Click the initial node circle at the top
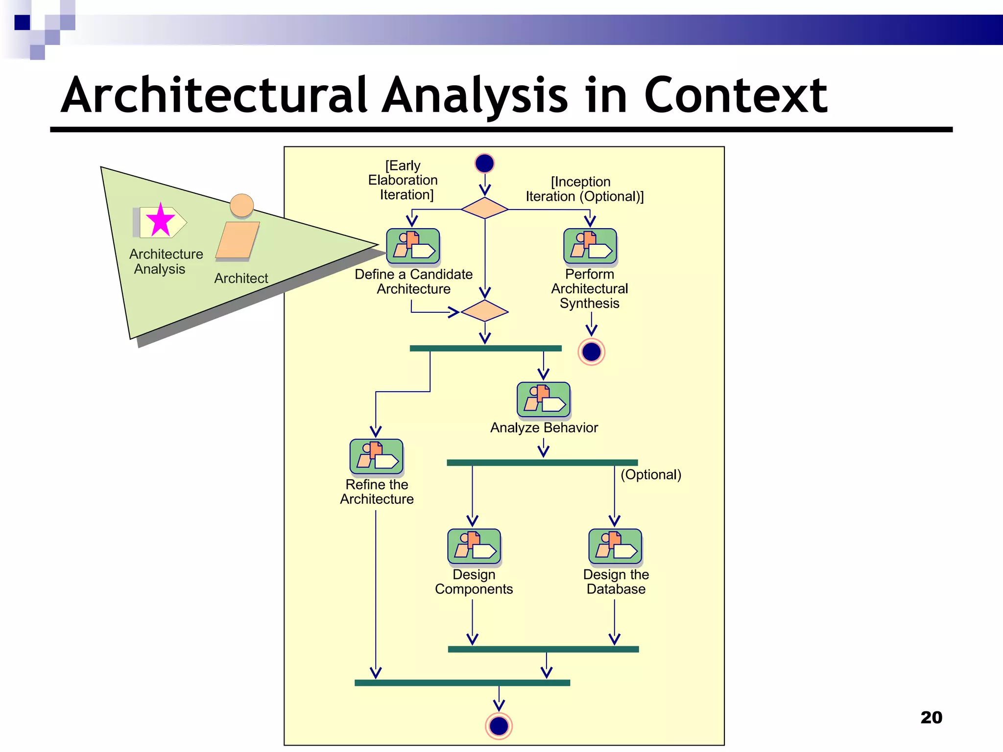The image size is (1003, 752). click(484, 163)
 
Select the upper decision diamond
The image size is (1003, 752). click(484, 209)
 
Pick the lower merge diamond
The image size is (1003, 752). click(484, 311)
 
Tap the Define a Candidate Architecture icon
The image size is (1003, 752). click(413, 246)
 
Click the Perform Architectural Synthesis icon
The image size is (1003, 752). click(590, 246)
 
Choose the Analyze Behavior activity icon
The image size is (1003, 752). click(543, 399)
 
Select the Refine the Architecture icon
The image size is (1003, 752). click(376, 456)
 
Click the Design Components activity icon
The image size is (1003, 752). click(474, 546)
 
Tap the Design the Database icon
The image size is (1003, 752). click(615, 546)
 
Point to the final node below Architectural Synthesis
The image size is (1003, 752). click(591, 352)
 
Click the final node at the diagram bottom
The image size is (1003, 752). click(499, 726)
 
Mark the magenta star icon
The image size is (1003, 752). click(160, 220)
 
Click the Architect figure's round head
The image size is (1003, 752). click(241, 205)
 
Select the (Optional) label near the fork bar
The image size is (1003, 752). click(651, 474)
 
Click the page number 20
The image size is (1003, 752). click(931, 717)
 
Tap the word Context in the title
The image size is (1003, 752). click(735, 95)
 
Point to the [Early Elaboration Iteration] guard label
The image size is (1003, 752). click(403, 180)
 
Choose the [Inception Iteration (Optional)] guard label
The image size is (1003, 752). click(584, 189)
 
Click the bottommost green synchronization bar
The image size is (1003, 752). click(462, 682)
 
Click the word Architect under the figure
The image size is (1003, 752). click(241, 278)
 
